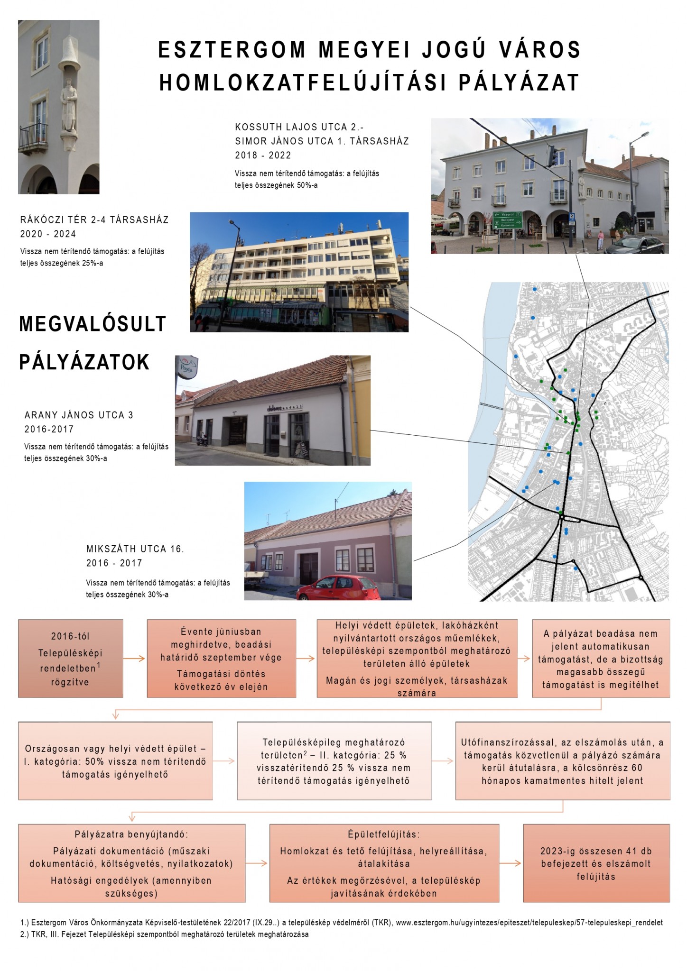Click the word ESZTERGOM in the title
(232, 50)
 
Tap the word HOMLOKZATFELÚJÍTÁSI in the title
(302, 82)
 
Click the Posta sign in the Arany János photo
(186, 368)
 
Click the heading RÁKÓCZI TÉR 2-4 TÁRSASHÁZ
(94, 220)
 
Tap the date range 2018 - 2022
(263, 156)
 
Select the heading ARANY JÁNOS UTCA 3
(79, 415)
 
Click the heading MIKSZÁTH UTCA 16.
(135, 549)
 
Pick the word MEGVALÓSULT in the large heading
(93, 324)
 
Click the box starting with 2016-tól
(71, 658)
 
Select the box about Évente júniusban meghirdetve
(221, 658)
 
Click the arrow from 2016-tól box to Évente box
(135, 658)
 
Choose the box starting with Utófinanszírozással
(562, 761)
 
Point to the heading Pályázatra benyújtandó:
(131, 834)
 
